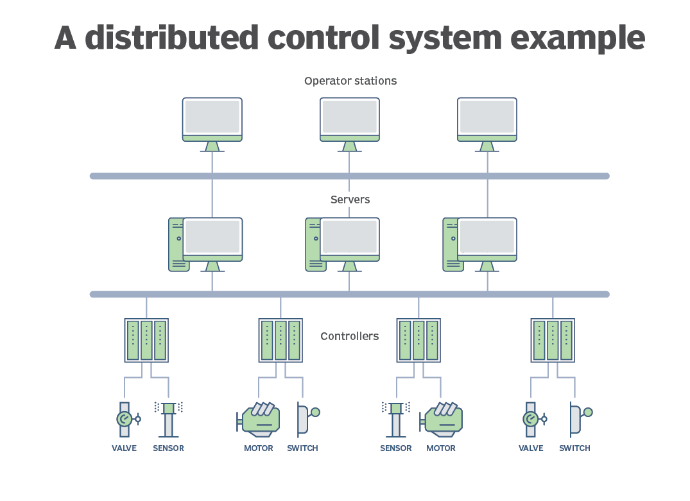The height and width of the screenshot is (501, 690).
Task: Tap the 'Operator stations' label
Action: pos(350,81)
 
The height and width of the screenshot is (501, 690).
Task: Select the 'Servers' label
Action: pos(350,200)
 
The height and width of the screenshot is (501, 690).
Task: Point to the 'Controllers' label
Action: pos(350,336)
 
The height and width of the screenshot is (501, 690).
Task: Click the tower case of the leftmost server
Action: pos(176,244)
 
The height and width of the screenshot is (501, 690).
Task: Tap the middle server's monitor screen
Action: pos(350,237)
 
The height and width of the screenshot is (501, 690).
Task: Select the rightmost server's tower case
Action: pos(450,244)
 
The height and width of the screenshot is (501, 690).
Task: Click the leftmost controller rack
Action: pos(146,341)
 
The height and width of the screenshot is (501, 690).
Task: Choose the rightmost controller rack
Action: pos(553,341)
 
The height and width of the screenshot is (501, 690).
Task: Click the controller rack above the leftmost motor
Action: pos(280,341)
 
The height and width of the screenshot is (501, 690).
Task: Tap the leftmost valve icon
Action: pos(125,419)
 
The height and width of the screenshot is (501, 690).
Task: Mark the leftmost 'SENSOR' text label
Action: pos(168,448)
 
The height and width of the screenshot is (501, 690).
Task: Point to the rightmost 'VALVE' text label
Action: pos(531,448)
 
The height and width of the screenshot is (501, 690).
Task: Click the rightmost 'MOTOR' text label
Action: pos(441,448)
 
